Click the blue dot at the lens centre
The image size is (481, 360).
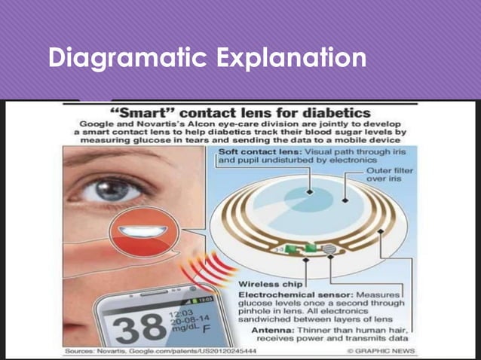pos(343,200)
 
